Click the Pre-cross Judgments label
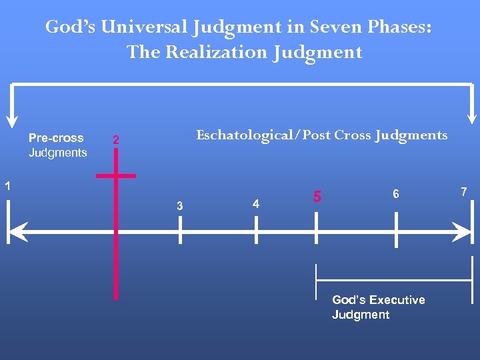pos(57,145)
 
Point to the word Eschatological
pos(245,135)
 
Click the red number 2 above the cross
pos(116,141)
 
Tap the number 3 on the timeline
pos(179,206)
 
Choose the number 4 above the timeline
pos(256,204)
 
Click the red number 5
pos(317,197)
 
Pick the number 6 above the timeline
pos(396,194)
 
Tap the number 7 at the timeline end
pos(464,192)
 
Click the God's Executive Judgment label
pos(378,307)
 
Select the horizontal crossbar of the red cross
pos(116,176)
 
